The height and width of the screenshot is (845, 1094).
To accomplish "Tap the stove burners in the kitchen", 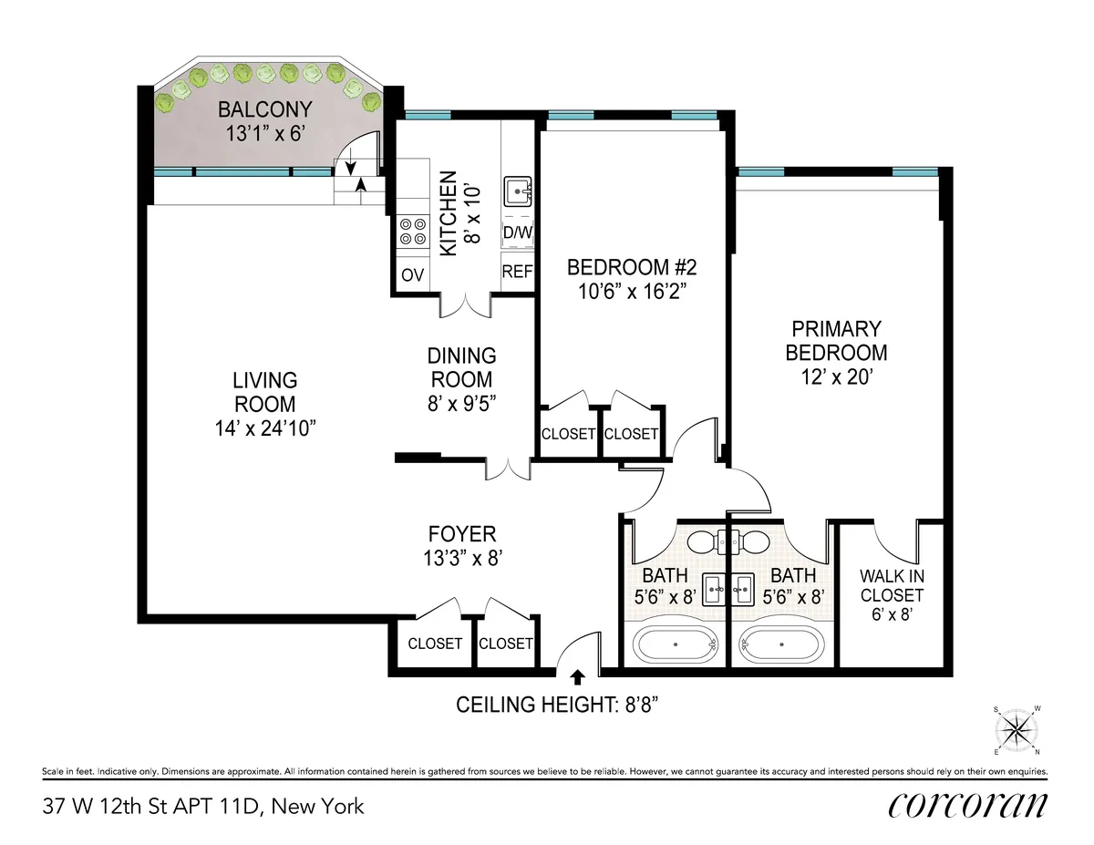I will click(413, 231).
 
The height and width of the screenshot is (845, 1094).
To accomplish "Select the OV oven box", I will click(413, 275).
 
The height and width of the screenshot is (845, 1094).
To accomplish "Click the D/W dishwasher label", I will click(518, 234).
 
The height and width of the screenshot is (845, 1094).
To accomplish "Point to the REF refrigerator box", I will click(518, 272).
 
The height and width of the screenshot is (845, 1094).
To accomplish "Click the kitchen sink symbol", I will click(519, 192).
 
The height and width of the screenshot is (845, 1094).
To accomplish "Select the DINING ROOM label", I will click(462, 367).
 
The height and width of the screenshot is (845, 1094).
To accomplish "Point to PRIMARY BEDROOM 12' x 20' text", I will click(836, 352).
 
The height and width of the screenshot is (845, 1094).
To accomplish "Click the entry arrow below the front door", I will click(577, 676).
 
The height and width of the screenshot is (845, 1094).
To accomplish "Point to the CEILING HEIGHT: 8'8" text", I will click(569, 705).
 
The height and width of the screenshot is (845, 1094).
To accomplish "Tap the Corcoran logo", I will click(967, 805).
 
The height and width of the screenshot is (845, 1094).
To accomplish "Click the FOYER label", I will click(462, 534).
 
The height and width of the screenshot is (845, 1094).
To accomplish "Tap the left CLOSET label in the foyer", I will click(435, 644).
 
